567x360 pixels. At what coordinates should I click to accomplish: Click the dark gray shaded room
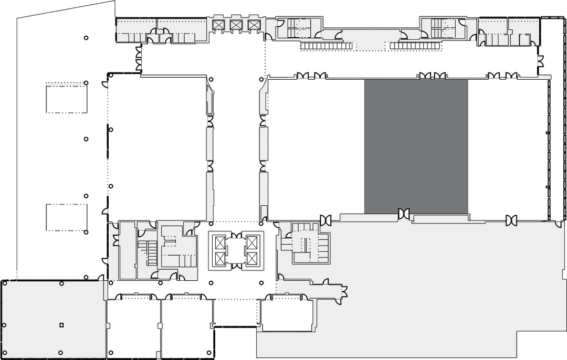click(416, 146)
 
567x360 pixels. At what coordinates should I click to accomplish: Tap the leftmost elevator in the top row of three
click(217, 25)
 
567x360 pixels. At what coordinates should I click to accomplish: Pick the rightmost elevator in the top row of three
click(254, 25)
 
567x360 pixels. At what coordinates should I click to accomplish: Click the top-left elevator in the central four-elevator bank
click(219, 242)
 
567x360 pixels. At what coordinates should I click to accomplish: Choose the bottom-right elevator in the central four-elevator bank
click(253, 258)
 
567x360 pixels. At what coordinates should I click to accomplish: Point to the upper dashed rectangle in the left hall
click(67, 99)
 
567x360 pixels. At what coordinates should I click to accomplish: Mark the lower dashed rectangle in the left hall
click(66, 217)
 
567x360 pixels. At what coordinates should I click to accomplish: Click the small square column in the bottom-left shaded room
click(61, 325)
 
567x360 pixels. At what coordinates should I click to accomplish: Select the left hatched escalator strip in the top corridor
click(325, 46)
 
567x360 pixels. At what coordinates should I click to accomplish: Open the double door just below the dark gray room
click(404, 214)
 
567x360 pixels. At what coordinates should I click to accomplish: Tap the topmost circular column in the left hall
click(86, 37)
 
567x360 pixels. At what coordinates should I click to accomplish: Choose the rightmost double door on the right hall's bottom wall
click(511, 220)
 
